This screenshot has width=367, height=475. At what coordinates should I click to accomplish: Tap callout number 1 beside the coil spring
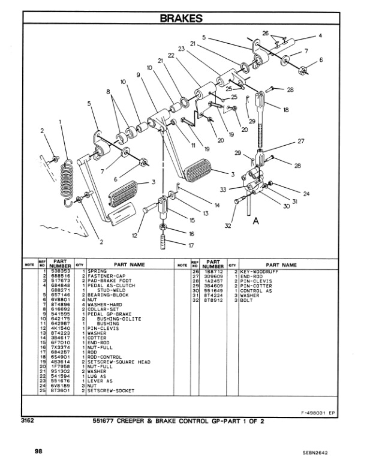click(x=61, y=122)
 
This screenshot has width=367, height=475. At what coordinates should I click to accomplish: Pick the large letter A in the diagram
click(x=255, y=221)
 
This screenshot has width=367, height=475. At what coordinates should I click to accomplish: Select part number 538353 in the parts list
click(x=61, y=271)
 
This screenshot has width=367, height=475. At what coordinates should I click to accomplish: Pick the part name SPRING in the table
click(x=96, y=271)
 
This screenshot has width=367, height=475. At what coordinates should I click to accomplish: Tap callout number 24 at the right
click(x=306, y=193)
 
